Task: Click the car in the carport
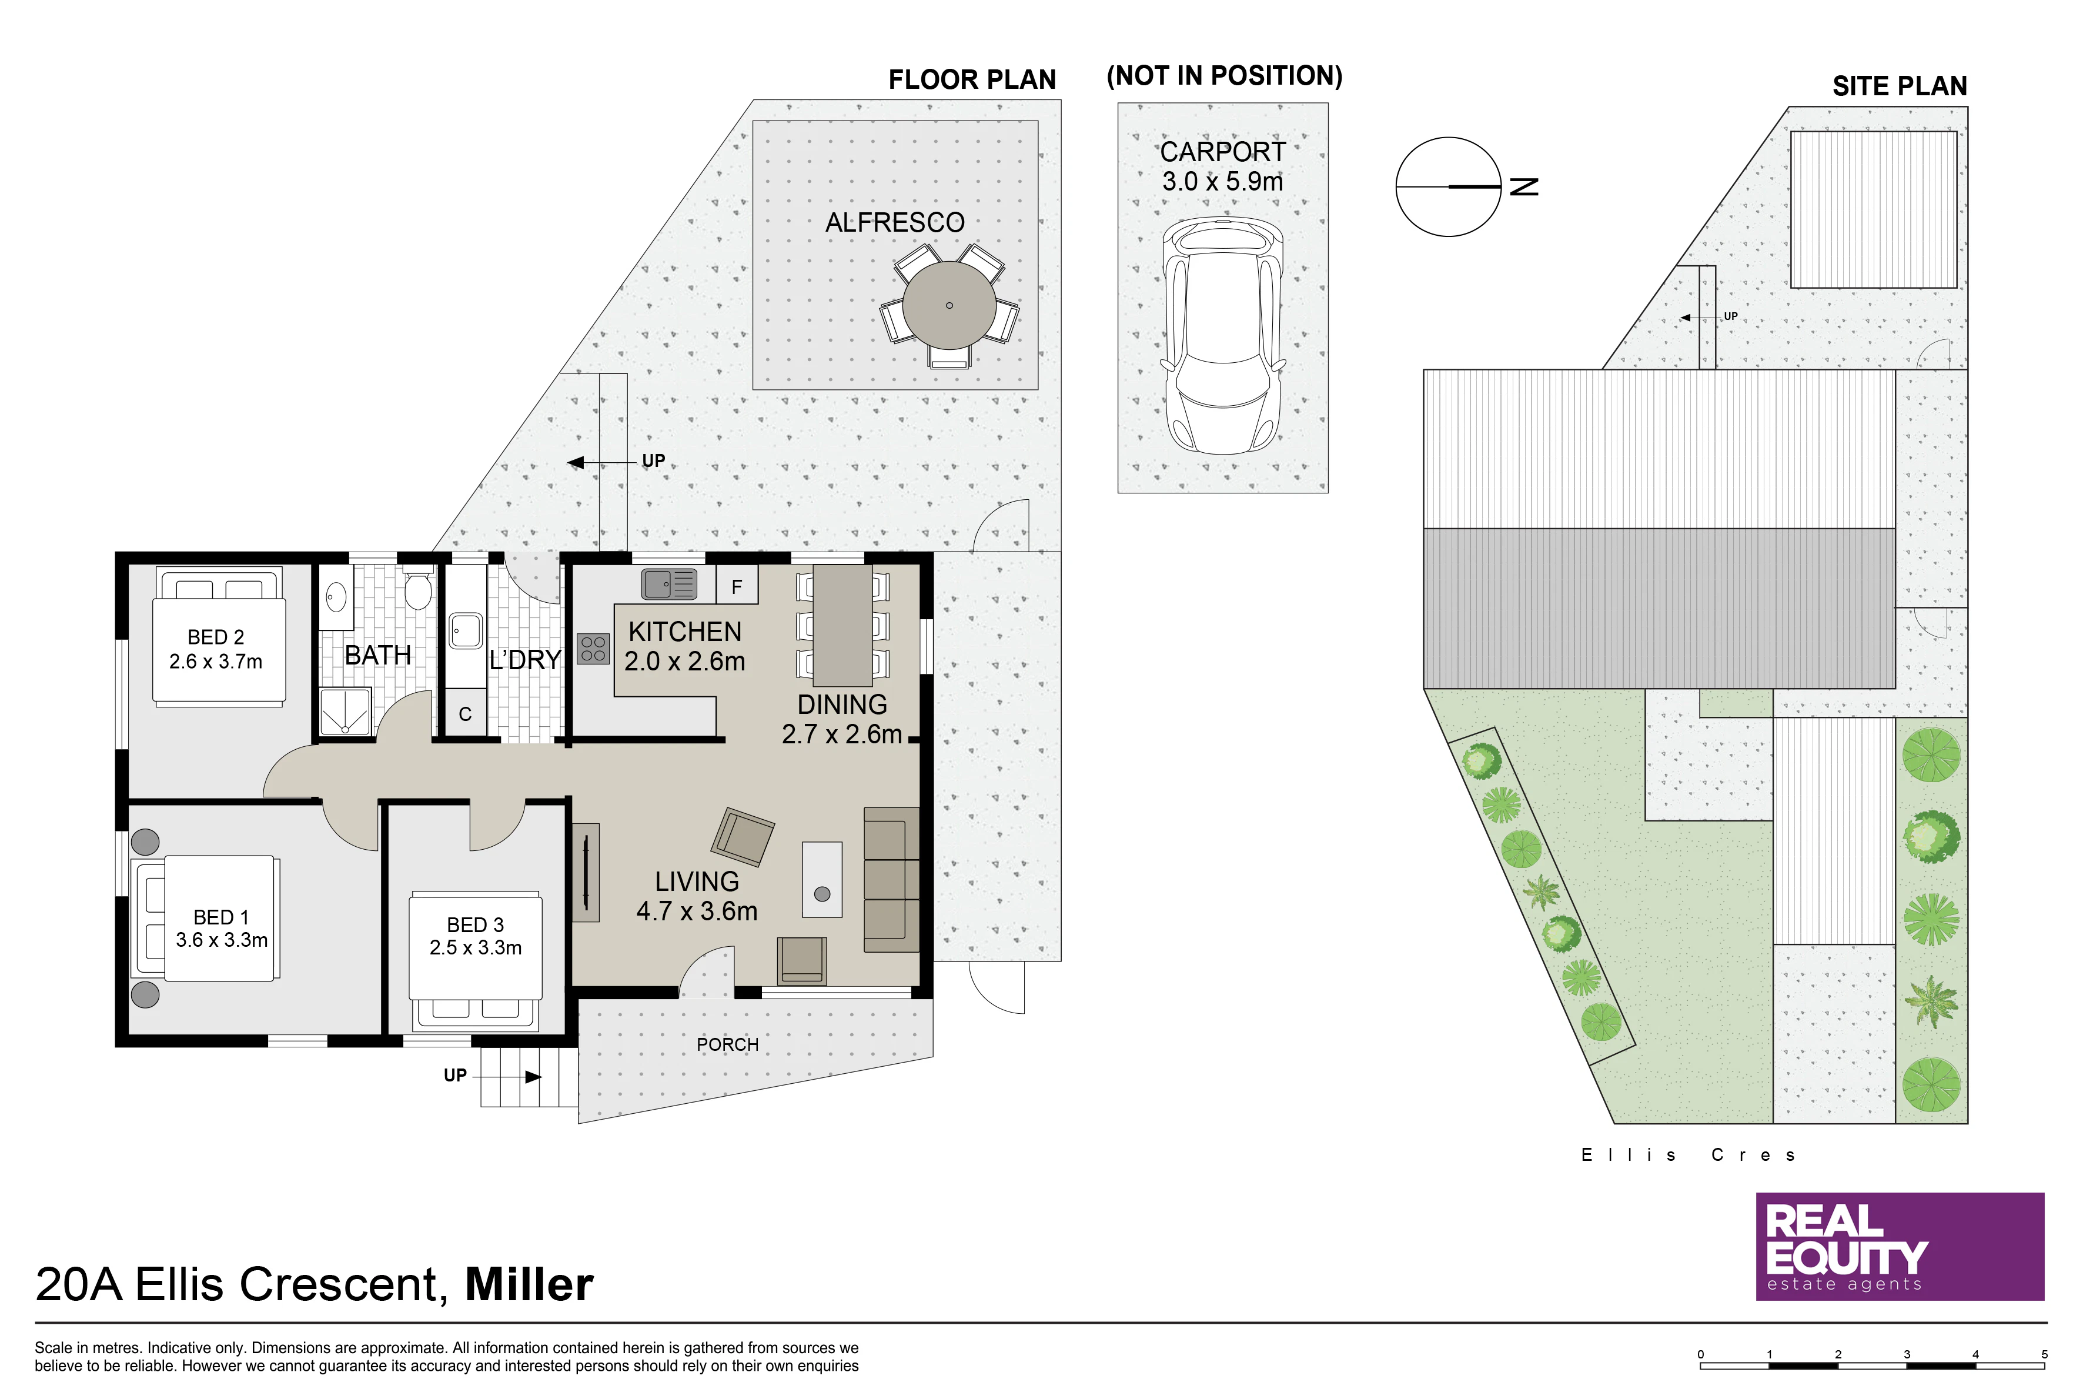pos(1222,336)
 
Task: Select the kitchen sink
pos(670,584)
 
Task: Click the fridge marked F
pos(737,586)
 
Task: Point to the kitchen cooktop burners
pos(593,649)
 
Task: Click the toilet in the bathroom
pos(417,590)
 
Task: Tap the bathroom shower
pos(345,712)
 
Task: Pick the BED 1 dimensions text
pos(222,940)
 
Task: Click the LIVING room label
pos(697,882)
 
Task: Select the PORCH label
pos(728,1044)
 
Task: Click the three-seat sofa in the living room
pos(892,880)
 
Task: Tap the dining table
pos(843,626)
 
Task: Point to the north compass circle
pos(1449,187)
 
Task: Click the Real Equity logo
pos(1901,1246)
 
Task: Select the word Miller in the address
pos(530,1284)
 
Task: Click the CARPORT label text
pos(1223,152)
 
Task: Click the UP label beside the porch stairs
pos(455,1076)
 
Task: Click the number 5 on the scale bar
pos(2044,1354)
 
